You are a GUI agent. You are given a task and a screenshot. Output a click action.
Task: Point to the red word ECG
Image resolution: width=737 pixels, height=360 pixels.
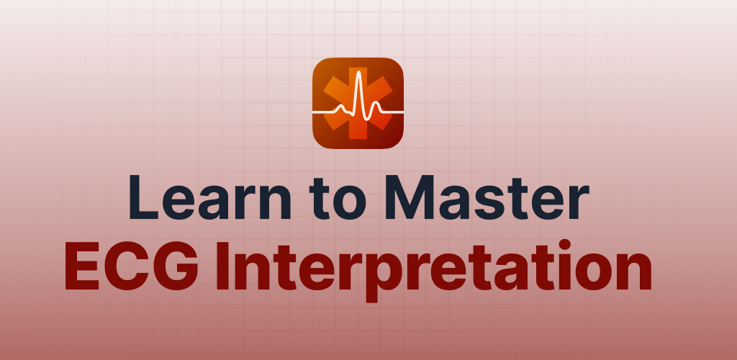132,266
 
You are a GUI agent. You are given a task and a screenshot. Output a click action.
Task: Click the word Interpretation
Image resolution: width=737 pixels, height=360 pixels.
433,270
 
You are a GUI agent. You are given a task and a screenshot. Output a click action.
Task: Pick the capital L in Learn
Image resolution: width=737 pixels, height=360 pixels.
143,197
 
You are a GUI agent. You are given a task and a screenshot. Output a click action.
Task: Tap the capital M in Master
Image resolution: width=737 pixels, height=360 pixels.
409,197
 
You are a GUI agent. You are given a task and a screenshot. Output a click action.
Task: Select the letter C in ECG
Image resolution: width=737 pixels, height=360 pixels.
127,266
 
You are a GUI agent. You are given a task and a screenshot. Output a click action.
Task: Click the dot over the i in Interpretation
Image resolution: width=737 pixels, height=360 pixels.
564,245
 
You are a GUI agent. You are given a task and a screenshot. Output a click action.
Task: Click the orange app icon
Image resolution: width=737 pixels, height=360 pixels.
358,103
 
